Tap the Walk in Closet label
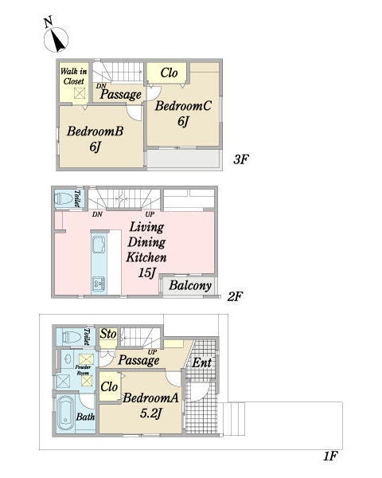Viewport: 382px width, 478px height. [x=74, y=76]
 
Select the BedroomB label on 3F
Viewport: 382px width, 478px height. [x=95, y=131]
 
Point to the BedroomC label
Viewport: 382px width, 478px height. [x=183, y=106]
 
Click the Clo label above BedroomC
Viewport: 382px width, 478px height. [x=169, y=72]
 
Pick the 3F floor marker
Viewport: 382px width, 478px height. [x=241, y=159]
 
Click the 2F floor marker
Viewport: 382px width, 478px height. [x=235, y=296]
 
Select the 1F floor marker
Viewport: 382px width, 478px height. [x=330, y=456]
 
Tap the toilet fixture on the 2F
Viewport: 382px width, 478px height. [x=64, y=198]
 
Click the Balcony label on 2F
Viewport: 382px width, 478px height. [x=190, y=286]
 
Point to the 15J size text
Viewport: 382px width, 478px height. [x=147, y=272]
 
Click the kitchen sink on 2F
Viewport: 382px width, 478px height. [x=99, y=245]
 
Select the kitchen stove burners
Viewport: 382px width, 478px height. [x=99, y=284]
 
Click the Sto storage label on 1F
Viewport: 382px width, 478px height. [x=108, y=334]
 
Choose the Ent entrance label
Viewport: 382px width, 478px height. [x=201, y=362]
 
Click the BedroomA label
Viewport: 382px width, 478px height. [x=150, y=398]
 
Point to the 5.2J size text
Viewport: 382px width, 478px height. [x=150, y=413]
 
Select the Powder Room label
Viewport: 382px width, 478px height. [x=83, y=370]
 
